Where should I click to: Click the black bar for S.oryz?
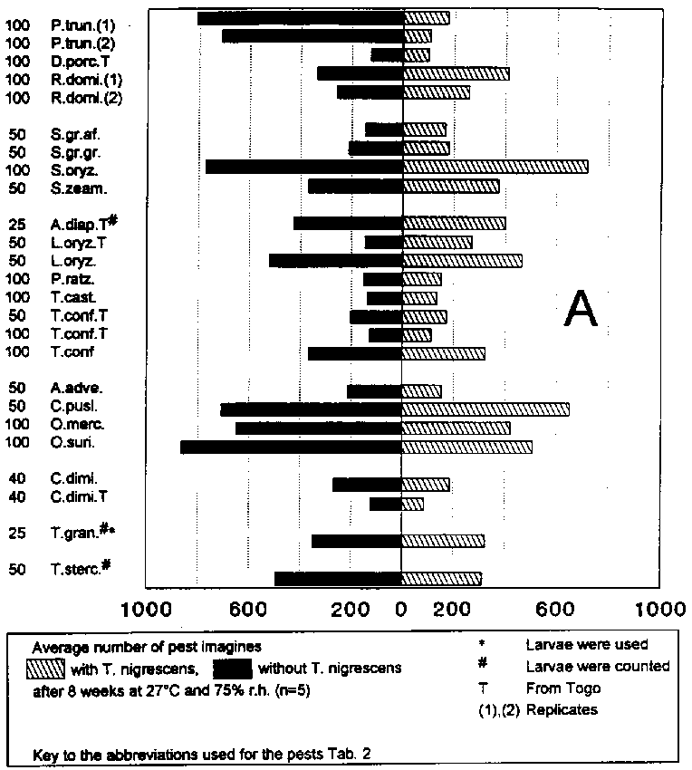click(x=303, y=167)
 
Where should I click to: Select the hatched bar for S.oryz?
click(x=495, y=167)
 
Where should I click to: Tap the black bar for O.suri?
click(x=291, y=447)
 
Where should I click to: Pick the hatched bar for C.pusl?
click(x=485, y=409)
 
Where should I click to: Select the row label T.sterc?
click(x=81, y=568)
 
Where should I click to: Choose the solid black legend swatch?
click(x=231, y=669)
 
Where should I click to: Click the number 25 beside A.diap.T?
click(x=17, y=224)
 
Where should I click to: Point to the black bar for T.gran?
click(x=356, y=541)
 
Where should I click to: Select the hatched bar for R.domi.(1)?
click(x=456, y=73)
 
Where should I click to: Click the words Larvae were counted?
click(x=597, y=666)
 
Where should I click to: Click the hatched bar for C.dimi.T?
click(x=412, y=504)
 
